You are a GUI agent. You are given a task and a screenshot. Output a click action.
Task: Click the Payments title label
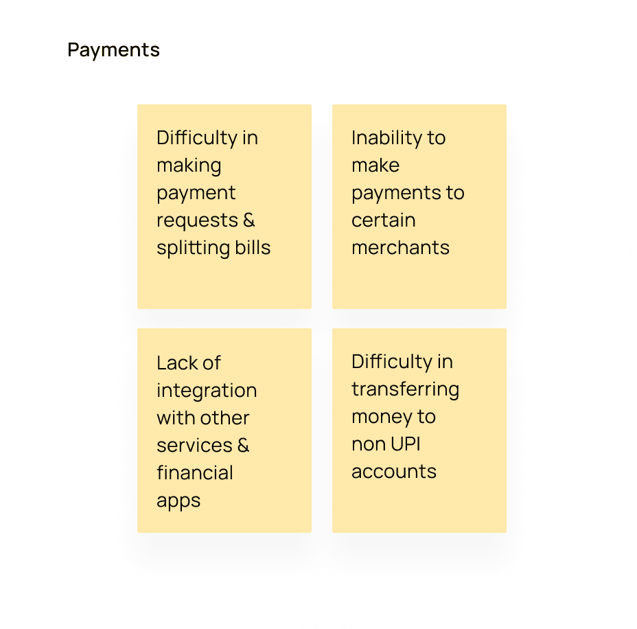113,50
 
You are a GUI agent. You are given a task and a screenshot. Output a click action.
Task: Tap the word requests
196,220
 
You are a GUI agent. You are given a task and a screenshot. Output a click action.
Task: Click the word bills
253,247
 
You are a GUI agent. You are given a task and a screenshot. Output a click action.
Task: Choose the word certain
383,220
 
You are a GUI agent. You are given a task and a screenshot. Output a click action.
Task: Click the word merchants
400,247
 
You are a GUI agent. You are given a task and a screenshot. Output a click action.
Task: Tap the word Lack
179,363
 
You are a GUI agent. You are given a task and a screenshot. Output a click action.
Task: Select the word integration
207,391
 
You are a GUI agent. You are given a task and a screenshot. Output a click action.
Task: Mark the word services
194,445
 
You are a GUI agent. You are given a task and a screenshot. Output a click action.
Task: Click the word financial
195,472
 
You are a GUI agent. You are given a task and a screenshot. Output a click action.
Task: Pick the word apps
178,501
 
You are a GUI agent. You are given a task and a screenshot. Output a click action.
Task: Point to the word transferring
405,389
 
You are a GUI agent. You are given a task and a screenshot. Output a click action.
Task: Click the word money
379,417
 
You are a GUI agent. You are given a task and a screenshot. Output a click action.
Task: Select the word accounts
393,472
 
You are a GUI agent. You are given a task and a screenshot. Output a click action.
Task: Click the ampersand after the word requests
248,220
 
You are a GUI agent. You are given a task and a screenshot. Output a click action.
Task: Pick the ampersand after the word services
242,445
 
